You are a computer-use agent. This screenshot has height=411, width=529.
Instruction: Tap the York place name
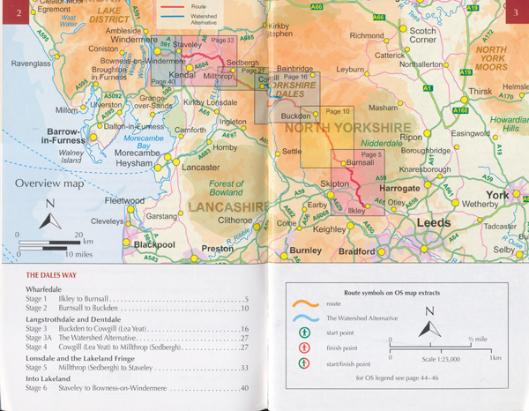tap(497, 195)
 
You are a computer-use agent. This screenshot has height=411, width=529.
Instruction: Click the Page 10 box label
tap(339, 112)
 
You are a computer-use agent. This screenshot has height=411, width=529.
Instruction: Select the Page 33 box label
tap(224, 41)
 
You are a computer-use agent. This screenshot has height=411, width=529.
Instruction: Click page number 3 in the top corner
tap(514, 11)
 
